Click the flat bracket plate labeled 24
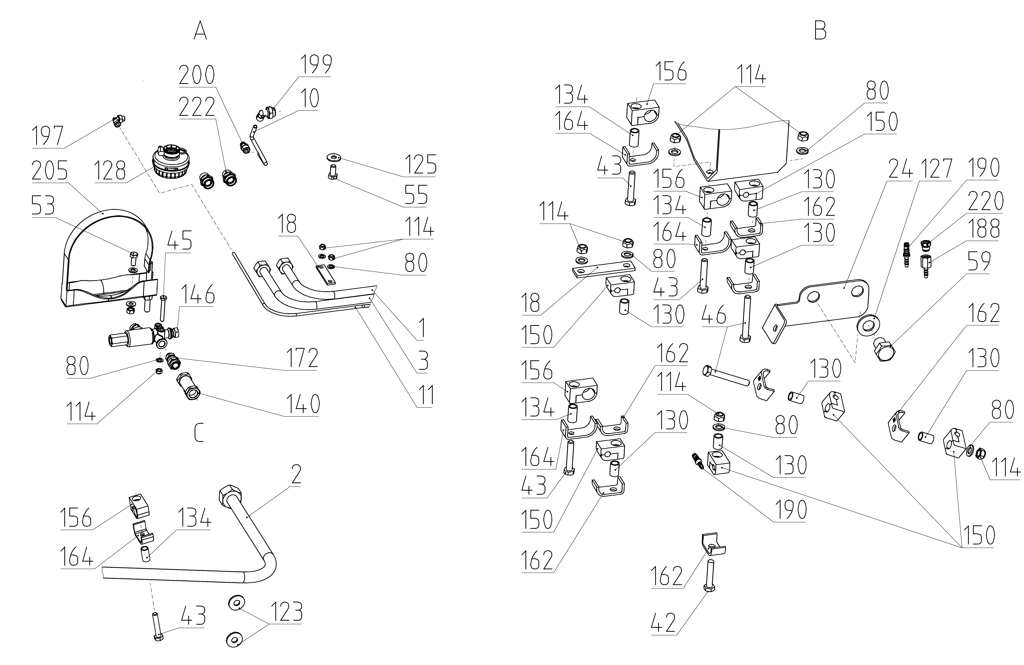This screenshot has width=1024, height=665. [817, 310]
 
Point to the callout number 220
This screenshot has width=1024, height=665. [985, 201]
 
